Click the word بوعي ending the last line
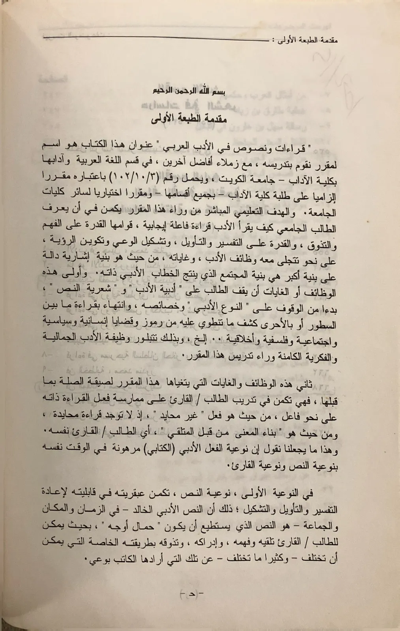(96, 560)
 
